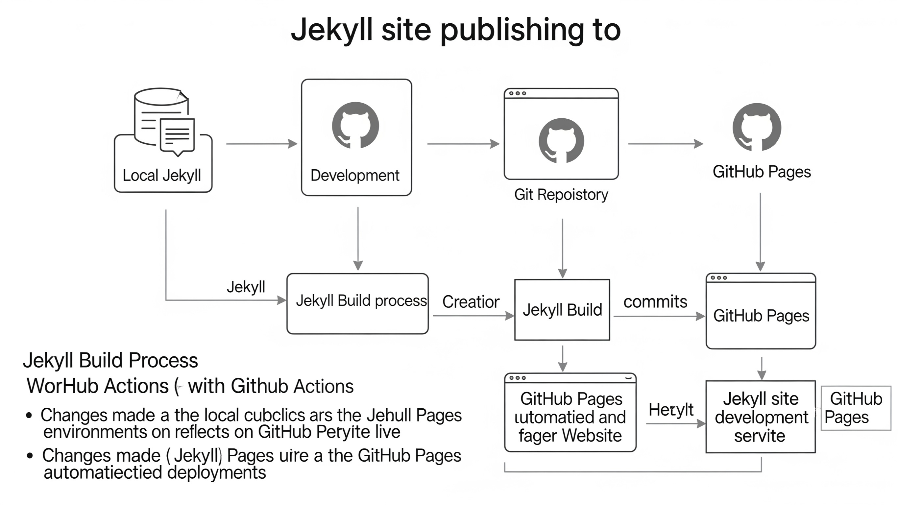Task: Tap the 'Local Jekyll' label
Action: coord(162,175)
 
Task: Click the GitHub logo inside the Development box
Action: coord(355,125)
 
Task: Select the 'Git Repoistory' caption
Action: coord(561,195)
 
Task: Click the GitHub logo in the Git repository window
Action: coord(561,141)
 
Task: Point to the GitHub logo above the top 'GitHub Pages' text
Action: coord(757,127)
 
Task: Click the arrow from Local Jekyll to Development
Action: coord(261,144)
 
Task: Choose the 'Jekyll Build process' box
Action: coord(357,303)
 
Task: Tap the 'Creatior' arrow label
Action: coord(471,302)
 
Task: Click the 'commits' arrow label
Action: coord(655,302)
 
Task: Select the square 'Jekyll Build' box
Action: coord(562,309)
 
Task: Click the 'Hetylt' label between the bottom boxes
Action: coord(671,410)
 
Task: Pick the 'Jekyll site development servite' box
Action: coord(760,417)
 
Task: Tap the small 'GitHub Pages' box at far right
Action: coord(856,408)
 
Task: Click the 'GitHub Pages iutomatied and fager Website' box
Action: coord(570,417)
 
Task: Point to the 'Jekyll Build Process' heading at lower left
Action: coord(110,360)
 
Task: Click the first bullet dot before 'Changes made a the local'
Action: coord(29,416)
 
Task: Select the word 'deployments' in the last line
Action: coord(216,473)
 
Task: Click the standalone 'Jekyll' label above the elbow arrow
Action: coord(246,287)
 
